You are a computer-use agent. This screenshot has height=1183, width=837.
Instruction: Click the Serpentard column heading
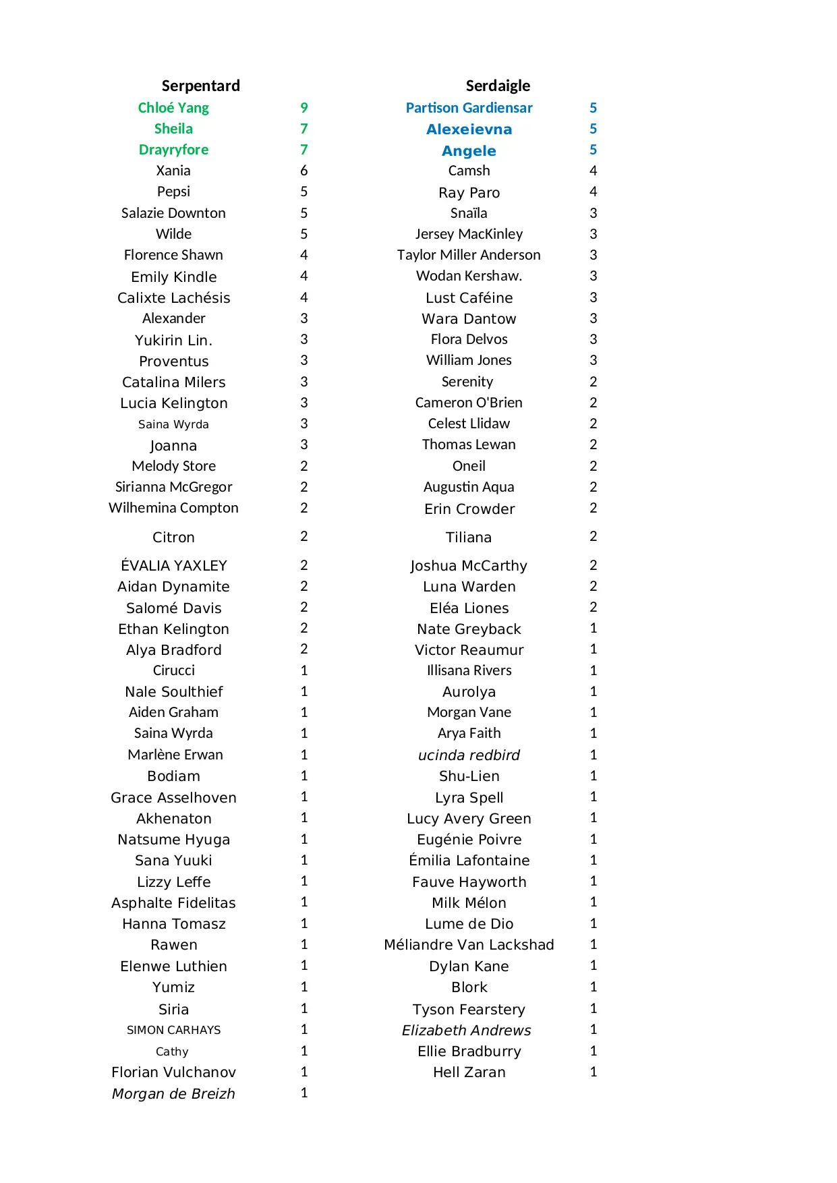click(x=200, y=86)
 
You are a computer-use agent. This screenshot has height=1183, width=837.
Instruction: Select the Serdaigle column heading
click(x=498, y=86)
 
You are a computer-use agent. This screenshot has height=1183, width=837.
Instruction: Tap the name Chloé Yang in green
click(x=173, y=108)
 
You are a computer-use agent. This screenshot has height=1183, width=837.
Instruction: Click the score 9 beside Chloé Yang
click(x=304, y=108)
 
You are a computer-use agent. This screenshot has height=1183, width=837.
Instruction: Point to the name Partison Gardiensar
click(x=469, y=108)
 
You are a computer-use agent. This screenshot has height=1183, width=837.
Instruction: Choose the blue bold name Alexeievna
click(x=469, y=129)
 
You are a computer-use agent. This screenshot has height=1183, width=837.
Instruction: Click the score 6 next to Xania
click(x=304, y=171)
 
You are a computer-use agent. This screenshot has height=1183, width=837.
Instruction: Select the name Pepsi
click(x=173, y=192)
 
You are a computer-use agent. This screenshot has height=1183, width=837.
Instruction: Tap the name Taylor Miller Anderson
click(x=469, y=255)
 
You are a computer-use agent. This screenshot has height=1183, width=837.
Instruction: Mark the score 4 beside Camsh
click(x=593, y=171)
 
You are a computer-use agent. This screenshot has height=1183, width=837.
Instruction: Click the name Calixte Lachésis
click(x=173, y=297)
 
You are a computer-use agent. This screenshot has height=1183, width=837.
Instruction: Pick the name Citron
click(x=173, y=538)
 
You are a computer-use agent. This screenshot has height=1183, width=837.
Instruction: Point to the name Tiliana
click(x=469, y=538)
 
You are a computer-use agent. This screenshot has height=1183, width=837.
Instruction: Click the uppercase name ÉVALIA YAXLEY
click(x=173, y=565)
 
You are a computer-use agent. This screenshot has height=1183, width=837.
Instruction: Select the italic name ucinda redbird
click(x=469, y=755)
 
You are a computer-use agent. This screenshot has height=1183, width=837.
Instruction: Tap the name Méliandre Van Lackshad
click(x=469, y=944)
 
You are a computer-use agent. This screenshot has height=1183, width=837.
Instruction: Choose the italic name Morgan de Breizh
click(x=173, y=1093)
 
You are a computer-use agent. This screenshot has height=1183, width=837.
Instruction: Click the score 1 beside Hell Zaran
click(x=593, y=1072)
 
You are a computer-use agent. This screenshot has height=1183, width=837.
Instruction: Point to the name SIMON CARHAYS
click(x=173, y=1030)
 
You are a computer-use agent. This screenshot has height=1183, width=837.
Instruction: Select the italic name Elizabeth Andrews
click(x=466, y=1030)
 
